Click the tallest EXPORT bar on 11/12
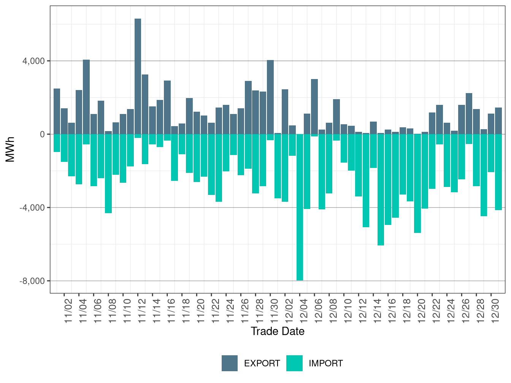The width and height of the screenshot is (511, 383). (x=138, y=76)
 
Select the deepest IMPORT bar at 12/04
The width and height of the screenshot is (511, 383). (x=300, y=207)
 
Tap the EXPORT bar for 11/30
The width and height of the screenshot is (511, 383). (x=270, y=97)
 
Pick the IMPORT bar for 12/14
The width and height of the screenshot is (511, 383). (x=381, y=190)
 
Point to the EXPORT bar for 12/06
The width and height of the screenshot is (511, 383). (x=314, y=106)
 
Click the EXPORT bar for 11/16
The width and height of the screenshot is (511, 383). (x=167, y=107)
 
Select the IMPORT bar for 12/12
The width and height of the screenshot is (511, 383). (x=366, y=180)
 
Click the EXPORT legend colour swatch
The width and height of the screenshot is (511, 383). (x=230, y=363)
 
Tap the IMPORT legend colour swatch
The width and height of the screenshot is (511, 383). (x=294, y=363)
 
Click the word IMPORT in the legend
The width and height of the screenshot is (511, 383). (x=325, y=364)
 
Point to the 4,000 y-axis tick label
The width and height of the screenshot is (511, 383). (x=34, y=61)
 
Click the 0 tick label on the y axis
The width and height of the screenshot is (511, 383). (x=42, y=134)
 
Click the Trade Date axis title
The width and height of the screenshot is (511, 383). (x=278, y=331)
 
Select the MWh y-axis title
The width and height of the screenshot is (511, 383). (x=10, y=149)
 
